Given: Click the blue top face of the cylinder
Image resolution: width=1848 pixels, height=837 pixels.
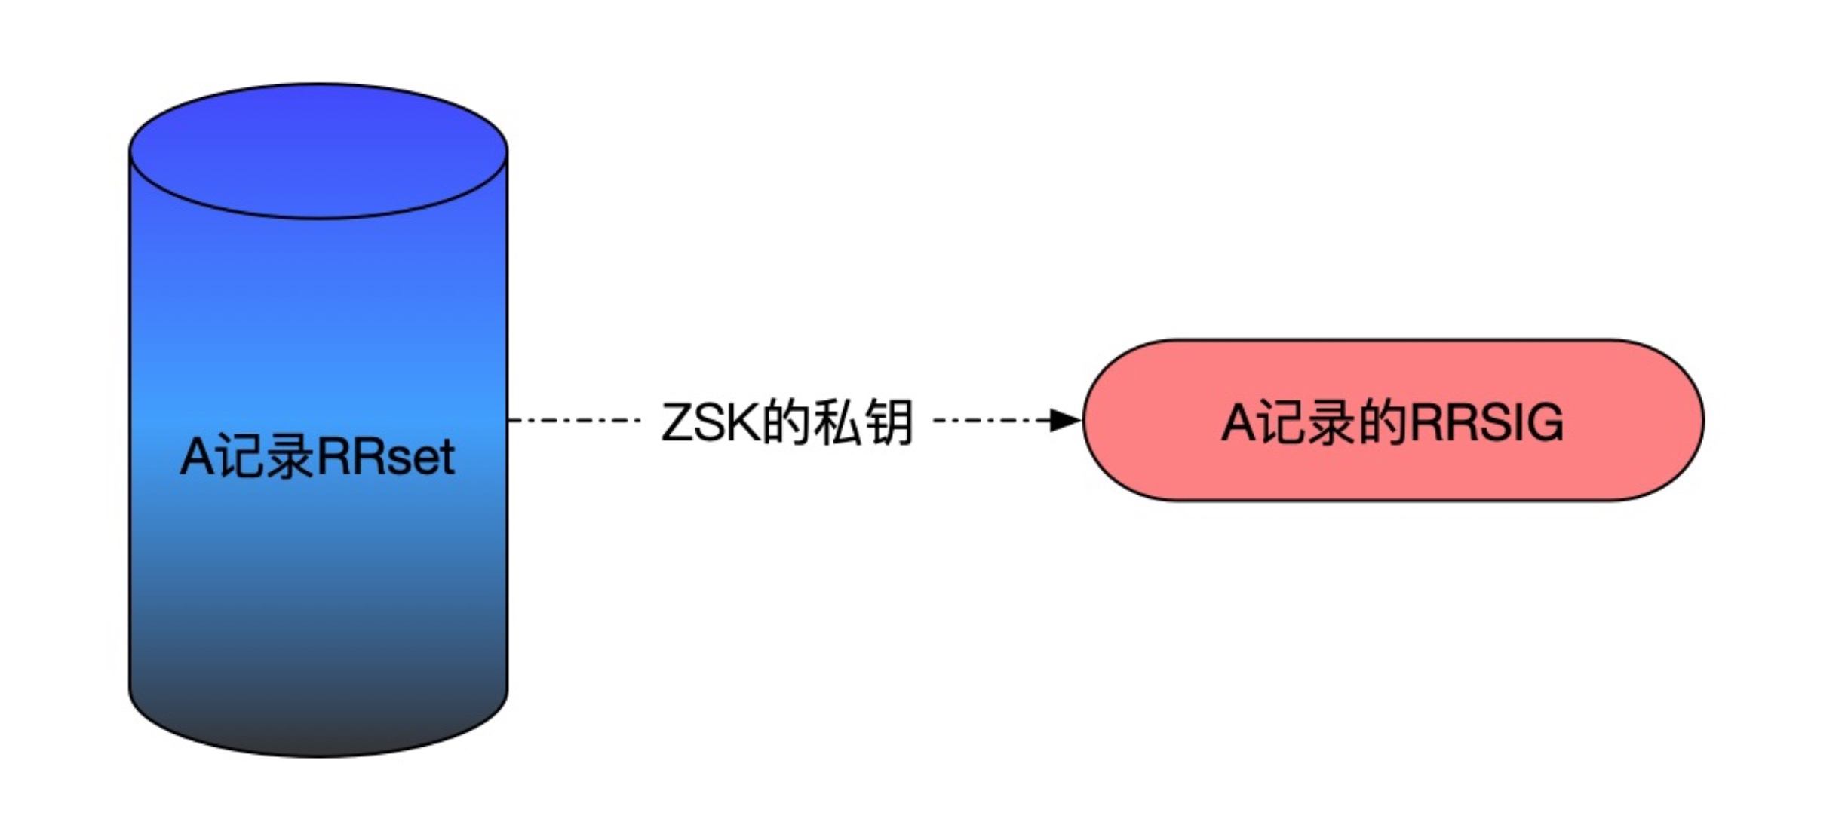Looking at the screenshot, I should pos(318,151).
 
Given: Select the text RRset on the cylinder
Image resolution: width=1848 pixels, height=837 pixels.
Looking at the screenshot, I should pos(385,457).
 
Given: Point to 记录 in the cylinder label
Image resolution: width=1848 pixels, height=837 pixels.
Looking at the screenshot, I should pos(261,457).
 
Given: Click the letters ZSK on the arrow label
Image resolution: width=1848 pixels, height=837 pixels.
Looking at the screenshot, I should pos(709,422).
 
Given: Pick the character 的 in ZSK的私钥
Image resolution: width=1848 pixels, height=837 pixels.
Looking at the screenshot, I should pos(784,422).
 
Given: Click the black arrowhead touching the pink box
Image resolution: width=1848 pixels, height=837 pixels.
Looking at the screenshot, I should pos(1065,420).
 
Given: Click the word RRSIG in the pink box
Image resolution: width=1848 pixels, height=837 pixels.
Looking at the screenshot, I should pos(1486,422).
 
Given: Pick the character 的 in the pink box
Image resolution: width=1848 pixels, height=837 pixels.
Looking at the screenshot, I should pos(1382,422).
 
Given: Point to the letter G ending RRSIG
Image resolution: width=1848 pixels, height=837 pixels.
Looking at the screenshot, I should pos(1543,422).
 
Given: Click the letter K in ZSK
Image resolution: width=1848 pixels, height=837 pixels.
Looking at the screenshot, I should pos(743,422).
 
